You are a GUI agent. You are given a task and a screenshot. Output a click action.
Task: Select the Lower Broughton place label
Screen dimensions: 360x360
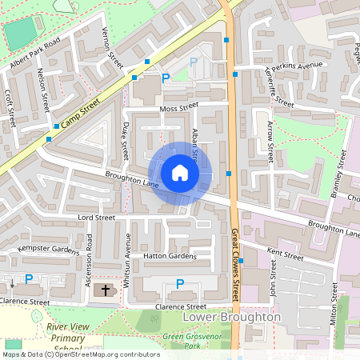tap(231, 317)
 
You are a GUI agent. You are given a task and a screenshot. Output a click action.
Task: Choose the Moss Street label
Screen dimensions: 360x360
tap(178, 106)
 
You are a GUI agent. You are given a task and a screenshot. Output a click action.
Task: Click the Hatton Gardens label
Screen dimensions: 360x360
tap(169, 256)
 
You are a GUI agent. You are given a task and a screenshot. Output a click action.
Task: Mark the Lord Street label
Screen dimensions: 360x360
tap(97, 217)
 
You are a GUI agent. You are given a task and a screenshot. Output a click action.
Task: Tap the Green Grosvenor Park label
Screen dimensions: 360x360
tap(193, 342)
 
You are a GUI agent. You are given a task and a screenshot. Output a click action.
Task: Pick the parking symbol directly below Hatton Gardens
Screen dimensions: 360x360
tap(180, 284)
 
